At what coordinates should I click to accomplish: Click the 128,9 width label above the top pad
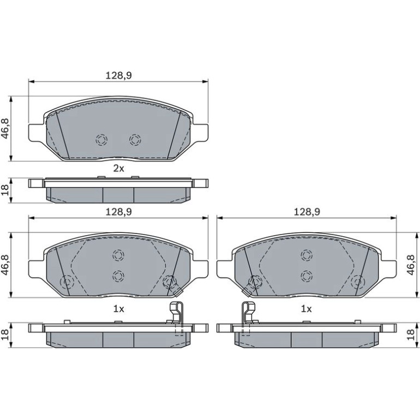(x=119, y=76)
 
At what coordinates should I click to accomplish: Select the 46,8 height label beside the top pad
(x=6, y=129)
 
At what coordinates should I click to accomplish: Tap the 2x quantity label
(x=119, y=169)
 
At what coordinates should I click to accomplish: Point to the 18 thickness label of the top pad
(x=6, y=190)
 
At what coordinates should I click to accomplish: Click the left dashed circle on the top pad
(x=101, y=140)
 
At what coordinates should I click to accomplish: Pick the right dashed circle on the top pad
(x=135, y=140)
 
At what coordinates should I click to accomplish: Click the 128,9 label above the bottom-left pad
(x=119, y=212)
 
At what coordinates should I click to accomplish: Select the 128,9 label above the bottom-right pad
(x=307, y=212)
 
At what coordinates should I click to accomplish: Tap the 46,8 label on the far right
(x=411, y=265)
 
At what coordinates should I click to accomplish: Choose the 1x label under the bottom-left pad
(x=119, y=309)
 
